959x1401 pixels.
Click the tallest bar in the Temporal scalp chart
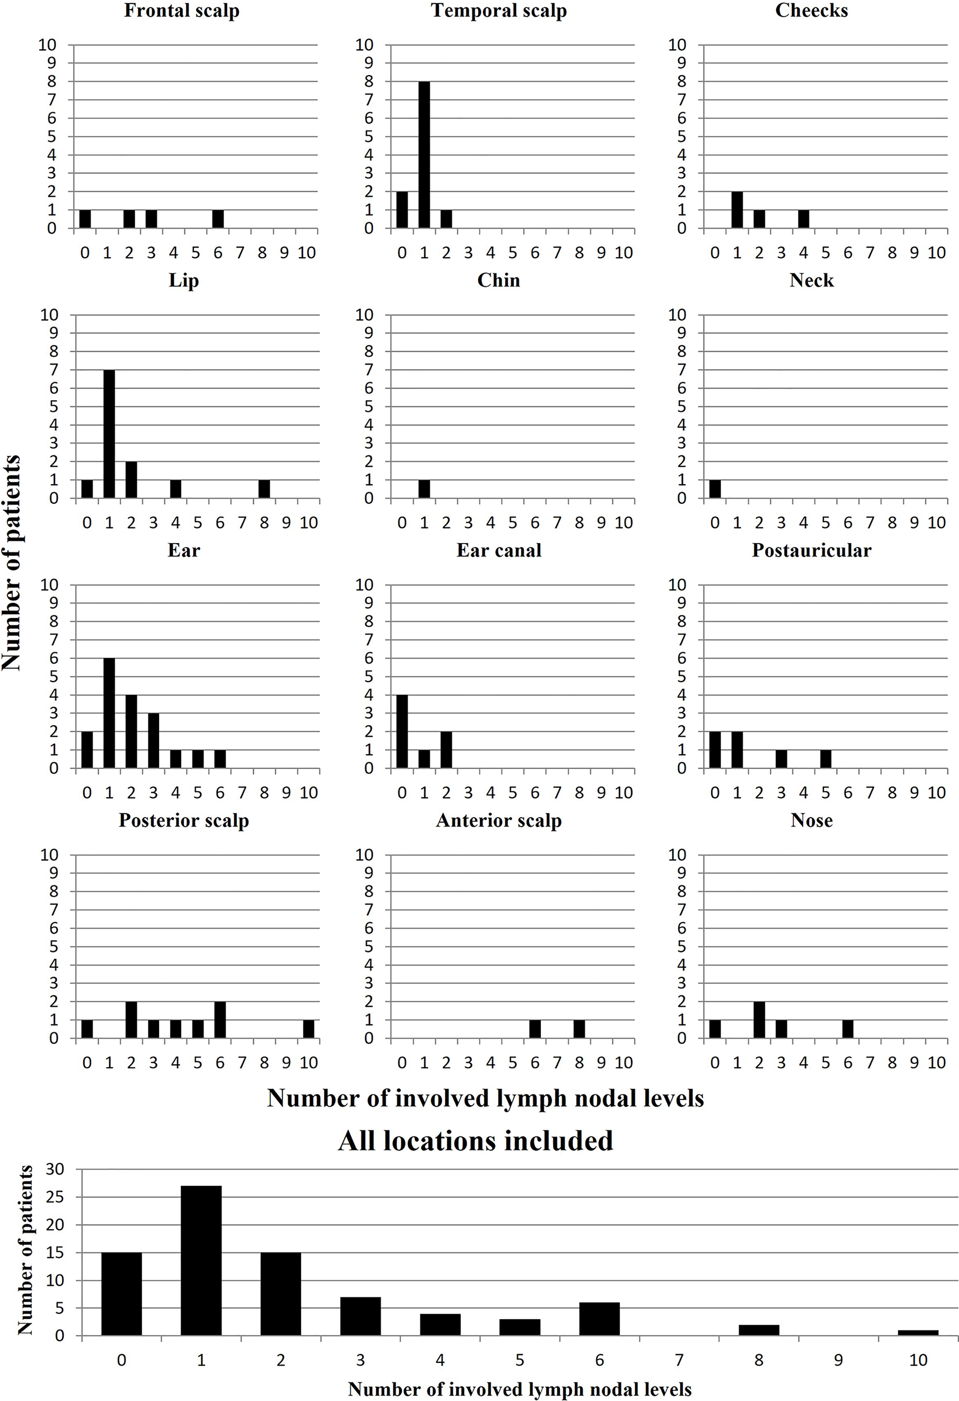[x=424, y=155]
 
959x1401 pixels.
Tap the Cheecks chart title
[x=812, y=11]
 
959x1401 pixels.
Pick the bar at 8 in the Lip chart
[x=264, y=489]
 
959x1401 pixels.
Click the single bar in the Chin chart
[x=424, y=489]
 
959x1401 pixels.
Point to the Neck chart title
[x=812, y=280]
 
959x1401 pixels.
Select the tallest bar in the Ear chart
[x=109, y=713]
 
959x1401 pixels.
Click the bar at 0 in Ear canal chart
[x=402, y=732]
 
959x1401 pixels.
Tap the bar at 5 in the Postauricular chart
[x=826, y=759]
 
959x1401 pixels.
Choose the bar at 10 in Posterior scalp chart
[x=309, y=1029]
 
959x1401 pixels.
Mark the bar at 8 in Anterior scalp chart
[x=579, y=1029]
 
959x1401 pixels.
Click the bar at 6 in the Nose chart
[x=848, y=1029]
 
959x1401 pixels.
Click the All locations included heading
[x=476, y=1141]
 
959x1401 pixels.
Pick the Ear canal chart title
[x=499, y=550]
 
